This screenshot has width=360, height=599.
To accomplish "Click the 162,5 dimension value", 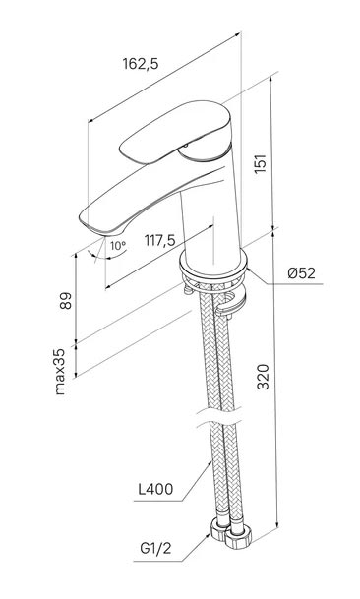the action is [141, 63].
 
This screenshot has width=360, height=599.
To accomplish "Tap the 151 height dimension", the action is [261, 164].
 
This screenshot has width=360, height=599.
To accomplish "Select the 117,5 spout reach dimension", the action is [159, 240].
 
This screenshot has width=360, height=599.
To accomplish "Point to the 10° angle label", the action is [118, 246].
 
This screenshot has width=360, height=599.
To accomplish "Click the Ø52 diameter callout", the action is [302, 273].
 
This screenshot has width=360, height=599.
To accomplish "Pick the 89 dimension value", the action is [65, 301].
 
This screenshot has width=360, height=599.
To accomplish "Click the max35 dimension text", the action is [60, 372].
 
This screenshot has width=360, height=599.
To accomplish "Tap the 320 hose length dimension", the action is [263, 377].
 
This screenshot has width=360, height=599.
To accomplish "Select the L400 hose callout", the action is [155, 489].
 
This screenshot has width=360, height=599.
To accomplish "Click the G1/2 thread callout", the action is [155, 549].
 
